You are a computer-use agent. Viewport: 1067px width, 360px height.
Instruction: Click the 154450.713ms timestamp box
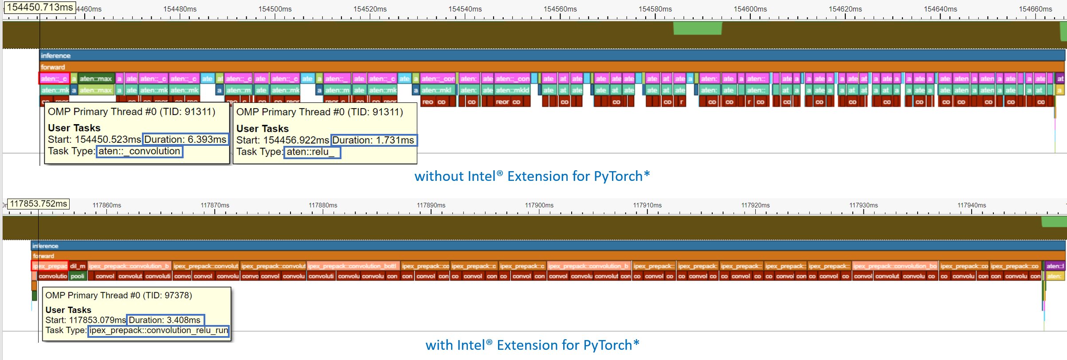point(40,8)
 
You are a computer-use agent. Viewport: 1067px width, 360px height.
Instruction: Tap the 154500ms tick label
point(275,9)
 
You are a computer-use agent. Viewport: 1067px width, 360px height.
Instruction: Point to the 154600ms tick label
point(750,9)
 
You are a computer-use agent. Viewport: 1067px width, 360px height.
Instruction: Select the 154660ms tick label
point(1035,9)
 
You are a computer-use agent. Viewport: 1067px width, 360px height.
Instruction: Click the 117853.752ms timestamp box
point(39,204)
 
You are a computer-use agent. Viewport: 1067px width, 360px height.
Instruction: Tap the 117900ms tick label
point(539,205)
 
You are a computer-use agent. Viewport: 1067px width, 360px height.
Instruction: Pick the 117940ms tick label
point(971,205)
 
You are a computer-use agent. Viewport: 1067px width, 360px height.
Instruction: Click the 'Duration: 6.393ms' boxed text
point(185,139)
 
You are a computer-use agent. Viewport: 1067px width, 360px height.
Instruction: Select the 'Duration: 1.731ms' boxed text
point(373,140)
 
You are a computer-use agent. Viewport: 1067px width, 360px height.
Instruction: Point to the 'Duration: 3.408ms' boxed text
point(165,320)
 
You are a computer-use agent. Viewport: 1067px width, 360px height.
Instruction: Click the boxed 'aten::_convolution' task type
point(139,151)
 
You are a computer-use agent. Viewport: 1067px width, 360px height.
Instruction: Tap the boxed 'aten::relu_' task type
point(311,152)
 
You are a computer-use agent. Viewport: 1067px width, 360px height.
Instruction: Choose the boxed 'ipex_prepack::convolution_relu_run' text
point(159,331)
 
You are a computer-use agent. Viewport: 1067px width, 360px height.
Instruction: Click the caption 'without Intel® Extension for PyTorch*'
point(532,176)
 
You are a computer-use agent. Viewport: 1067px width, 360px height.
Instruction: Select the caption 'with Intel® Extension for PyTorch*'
point(532,345)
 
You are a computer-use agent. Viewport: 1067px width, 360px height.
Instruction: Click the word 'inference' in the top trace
point(56,55)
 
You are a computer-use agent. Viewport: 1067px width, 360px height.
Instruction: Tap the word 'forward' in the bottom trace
point(43,256)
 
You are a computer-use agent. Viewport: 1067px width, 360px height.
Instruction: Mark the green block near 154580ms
point(697,28)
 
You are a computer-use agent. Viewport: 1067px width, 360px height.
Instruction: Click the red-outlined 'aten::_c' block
point(54,78)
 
